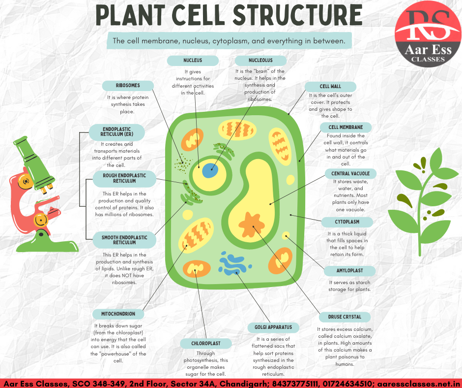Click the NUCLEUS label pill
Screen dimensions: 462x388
coord(193,61)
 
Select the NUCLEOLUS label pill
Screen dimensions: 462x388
coord(261,61)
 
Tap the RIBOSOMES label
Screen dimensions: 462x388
coord(128,86)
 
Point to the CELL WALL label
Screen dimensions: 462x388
coord(330,87)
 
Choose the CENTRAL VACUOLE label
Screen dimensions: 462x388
coord(350,174)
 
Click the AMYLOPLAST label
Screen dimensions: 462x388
coord(350,271)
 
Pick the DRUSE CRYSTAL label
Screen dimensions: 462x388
coord(345,317)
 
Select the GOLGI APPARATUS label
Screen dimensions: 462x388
coord(273,327)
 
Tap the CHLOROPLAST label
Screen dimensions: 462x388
coord(206,344)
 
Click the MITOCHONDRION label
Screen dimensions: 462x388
coord(118,314)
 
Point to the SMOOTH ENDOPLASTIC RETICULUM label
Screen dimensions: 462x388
coord(124,240)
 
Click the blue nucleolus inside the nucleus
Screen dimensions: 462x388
coord(210,171)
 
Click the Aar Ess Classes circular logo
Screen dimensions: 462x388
coord(428,33)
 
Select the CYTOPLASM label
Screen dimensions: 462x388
coord(347,222)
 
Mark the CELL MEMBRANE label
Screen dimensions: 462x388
coord(346,128)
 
